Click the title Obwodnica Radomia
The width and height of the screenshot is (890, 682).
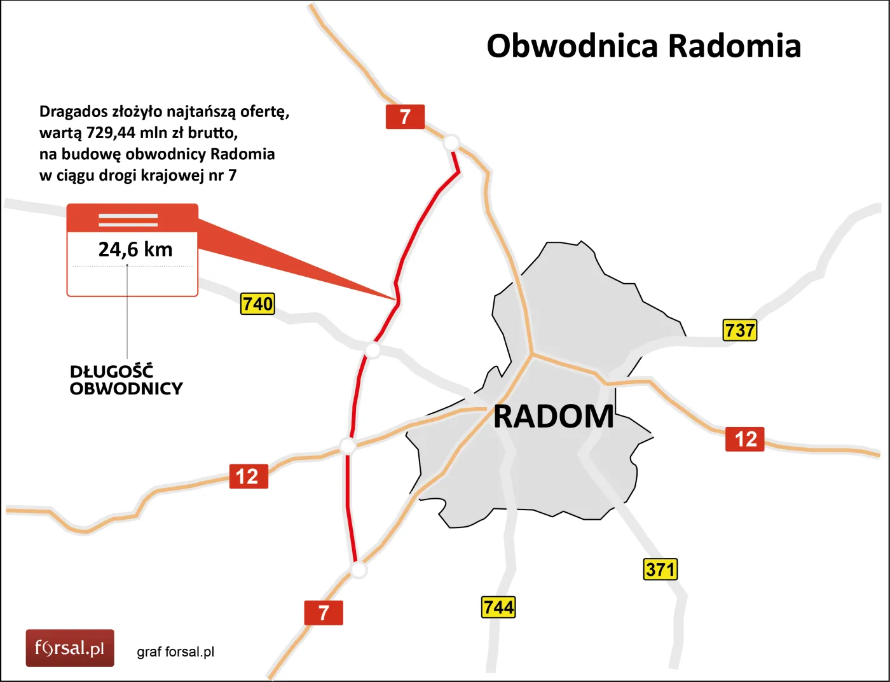coord(643,46)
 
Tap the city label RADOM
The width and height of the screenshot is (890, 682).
coord(554,417)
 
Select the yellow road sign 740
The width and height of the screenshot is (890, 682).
coord(257,303)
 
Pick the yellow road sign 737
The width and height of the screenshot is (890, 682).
coord(740,330)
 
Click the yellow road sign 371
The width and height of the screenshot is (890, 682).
coord(661,569)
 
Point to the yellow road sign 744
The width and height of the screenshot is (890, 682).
coord(498,607)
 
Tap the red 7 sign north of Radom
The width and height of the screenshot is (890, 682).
coord(405,117)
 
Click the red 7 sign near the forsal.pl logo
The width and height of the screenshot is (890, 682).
coord(324,613)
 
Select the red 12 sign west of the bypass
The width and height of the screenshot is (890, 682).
coord(248,477)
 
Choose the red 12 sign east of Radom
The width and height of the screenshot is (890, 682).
coord(745,439)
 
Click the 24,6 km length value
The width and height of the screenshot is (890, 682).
coord(135,249)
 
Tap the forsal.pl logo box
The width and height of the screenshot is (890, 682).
coord(70,648)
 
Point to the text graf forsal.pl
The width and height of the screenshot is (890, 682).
coord(175,652)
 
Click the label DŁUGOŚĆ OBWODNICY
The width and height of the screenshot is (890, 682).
coord(126,380)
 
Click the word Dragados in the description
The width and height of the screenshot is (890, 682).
coord(73,111)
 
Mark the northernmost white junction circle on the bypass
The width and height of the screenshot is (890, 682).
coord(451,143)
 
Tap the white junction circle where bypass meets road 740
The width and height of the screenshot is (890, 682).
coord(373,349)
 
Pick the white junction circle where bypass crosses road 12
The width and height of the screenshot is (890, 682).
coord(347,446)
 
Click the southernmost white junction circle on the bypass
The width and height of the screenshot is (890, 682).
coord(359,569)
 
